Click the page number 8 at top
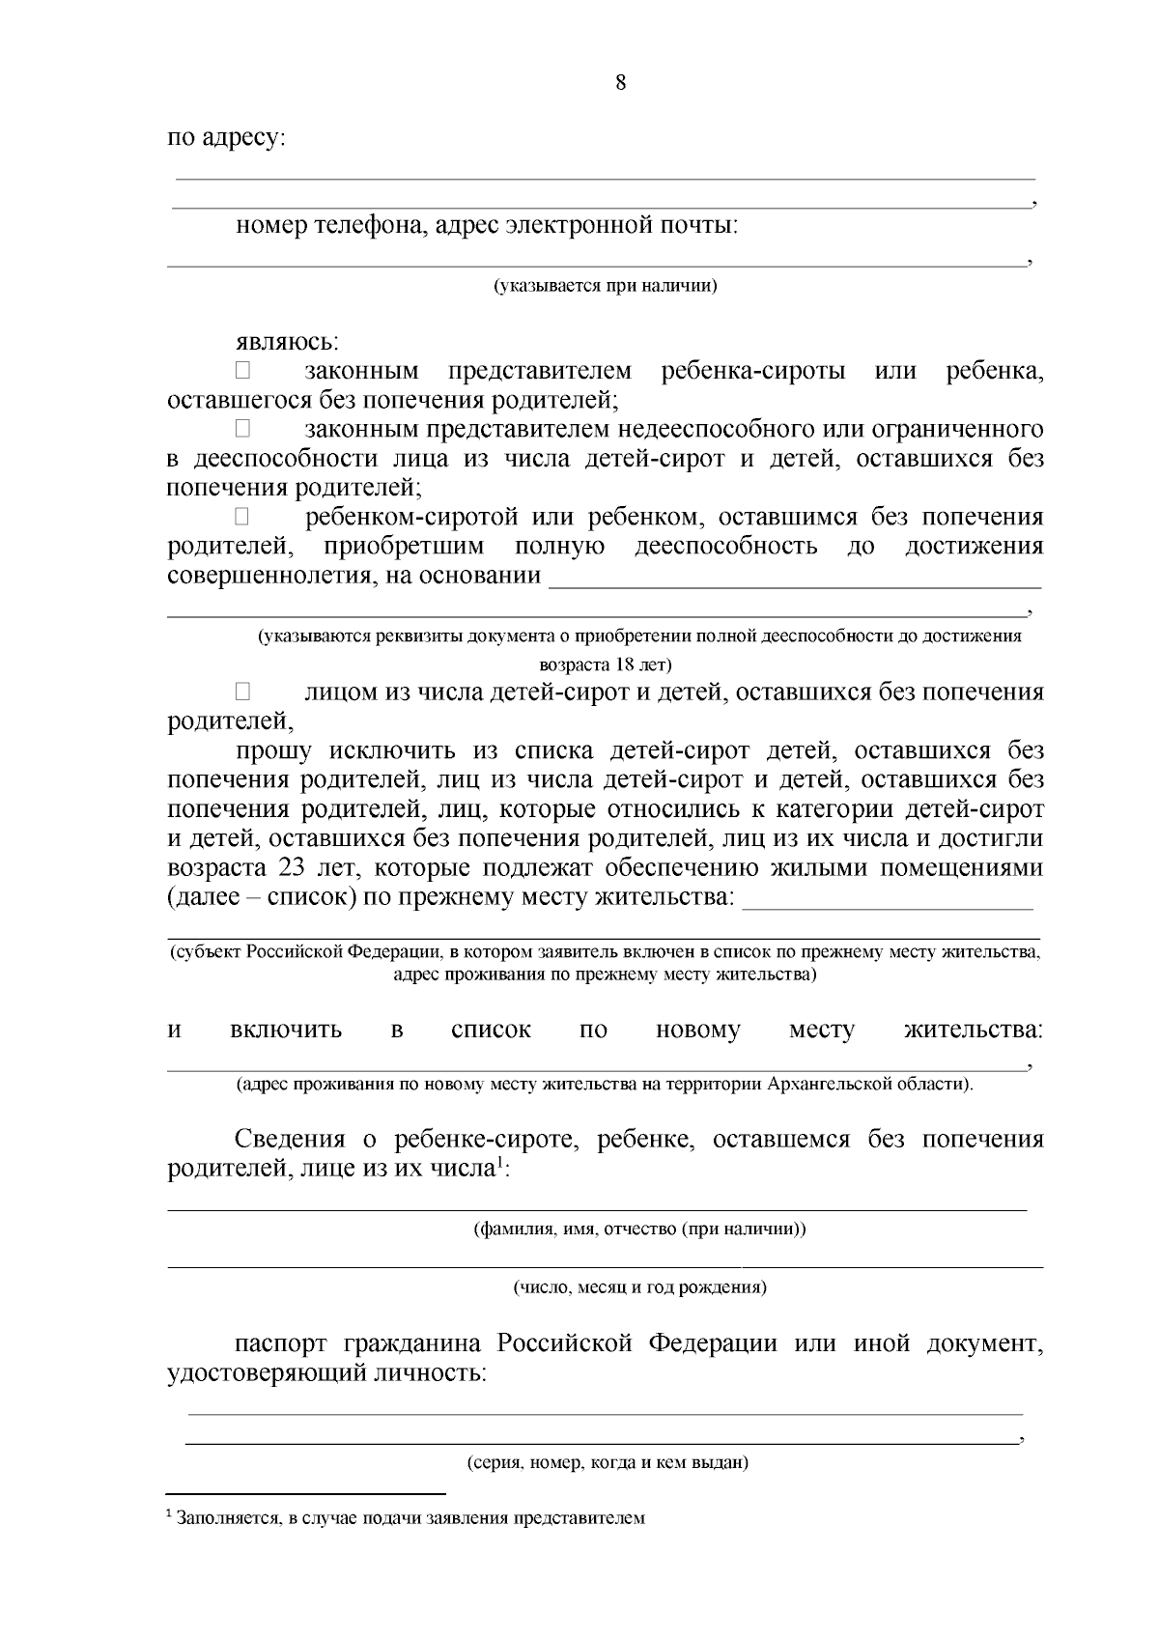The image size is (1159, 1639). tap(620, 83)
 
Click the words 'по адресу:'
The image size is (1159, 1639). tap(226, 138)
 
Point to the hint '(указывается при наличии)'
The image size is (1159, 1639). tap(605, 287)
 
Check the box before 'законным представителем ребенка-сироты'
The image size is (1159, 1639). tap(242, 370)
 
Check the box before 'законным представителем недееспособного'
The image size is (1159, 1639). tap(242, 428)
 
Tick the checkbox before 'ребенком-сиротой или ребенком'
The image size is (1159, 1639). tap(242, 517)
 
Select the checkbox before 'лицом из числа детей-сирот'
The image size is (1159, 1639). tap(242, 692)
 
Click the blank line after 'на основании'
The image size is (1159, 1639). tap(794, 579)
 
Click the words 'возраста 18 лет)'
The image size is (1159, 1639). tap(605, 665)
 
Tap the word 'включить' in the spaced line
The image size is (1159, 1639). tap(286, 1030)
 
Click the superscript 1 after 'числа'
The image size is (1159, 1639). tap(500, 1163)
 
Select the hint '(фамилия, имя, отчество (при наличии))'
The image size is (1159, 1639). tap(639, 1230)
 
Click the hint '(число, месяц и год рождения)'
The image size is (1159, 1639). tap(639, 1287)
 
